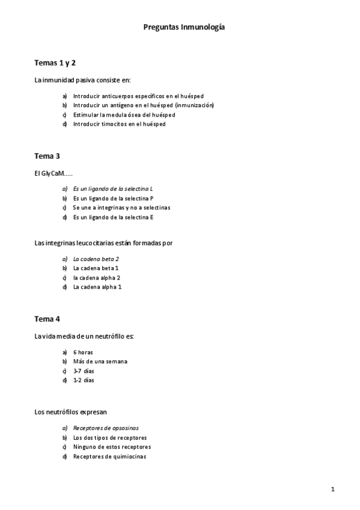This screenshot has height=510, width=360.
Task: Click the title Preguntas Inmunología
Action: pos(185,27)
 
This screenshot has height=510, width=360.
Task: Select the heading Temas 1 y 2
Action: pos(55,63)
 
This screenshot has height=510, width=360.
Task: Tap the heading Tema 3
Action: pos(47,156)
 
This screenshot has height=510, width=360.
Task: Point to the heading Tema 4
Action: pos(47,319)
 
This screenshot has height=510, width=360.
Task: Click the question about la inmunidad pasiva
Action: pos(82,80)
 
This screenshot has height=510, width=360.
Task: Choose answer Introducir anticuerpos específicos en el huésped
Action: pos(138,96)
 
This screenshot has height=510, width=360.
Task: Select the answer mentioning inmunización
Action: pos(143,105)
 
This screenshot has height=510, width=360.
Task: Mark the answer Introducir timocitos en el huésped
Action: pos(119,124)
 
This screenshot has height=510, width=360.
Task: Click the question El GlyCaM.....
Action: pos(53,173)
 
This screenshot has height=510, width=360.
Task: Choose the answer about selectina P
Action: pos(113,198)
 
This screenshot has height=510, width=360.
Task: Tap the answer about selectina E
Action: pos(113,217)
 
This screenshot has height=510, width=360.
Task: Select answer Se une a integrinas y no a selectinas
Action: pos(121,207)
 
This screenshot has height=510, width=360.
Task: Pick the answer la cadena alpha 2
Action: pos(97,278)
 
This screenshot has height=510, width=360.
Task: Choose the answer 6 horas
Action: pos(83,352)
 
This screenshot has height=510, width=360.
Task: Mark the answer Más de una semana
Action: pos(100,361)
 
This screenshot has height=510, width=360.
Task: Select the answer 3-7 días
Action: pos(84,370)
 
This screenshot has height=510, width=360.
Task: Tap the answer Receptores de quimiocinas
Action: pos(109,456)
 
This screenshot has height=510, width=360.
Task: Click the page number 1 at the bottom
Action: pos(333,488)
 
